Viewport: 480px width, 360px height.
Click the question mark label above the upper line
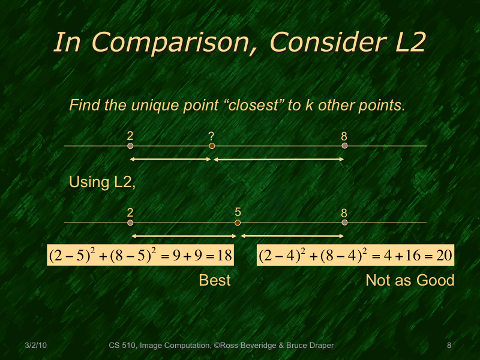pos(211,136)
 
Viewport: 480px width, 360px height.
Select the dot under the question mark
pos(212,146)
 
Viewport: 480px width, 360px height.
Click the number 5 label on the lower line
pos(238,212)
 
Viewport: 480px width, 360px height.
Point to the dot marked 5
pos(238,223)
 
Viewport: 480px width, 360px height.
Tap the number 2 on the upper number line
pos(130,136)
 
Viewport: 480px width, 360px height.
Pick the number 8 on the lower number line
pos(344,212)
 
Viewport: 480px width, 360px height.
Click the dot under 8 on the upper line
pos(344,146)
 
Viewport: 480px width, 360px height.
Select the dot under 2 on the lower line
pos(130,223)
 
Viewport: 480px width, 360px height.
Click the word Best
pos(215,280)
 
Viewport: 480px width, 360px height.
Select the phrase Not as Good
pos(410,280)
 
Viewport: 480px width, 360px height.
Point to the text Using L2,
pos(103,182)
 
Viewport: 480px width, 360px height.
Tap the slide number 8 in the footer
pos(449,346)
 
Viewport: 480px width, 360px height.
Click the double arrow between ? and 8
pos(278,159)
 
